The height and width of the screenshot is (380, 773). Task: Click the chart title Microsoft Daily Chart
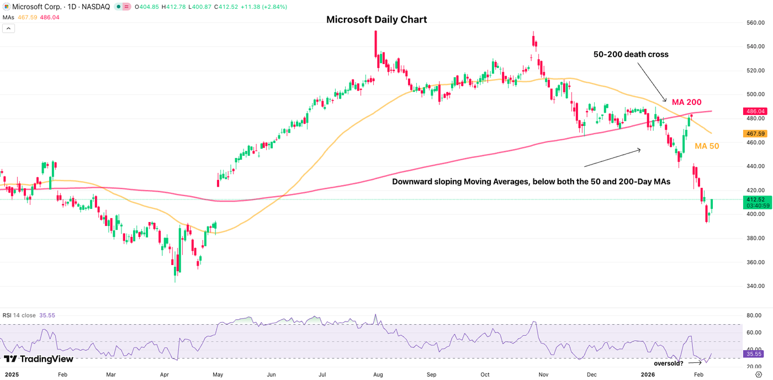(377, 20)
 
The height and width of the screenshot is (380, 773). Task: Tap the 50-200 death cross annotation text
(631, 54)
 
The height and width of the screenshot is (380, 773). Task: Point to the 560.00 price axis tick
(755, 23)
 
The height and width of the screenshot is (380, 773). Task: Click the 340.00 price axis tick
(755, 286)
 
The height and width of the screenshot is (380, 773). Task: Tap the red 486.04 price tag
(755, 111)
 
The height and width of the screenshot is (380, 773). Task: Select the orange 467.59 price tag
(755, 133)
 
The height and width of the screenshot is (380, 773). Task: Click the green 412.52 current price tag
(755, 199)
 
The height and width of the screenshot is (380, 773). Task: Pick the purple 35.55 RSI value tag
(755, 353)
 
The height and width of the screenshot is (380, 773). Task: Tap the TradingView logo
(39, 359)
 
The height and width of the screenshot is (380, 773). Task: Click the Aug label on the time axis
(378, 374)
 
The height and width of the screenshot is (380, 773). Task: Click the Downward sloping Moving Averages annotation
(531, 181)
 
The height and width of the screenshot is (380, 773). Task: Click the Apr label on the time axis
(165, 374)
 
